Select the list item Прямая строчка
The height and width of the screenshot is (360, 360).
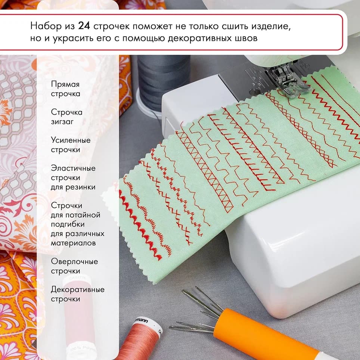(x=65, y=89)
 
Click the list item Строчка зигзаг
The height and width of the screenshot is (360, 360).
(x=66, y=117)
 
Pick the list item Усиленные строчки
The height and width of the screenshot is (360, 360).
(x=71, y=145)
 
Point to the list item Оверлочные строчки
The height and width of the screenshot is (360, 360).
(x=74, y=266)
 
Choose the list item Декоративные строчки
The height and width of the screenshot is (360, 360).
(x=78, y=294)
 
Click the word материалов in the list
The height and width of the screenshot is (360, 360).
(x=73, y=243)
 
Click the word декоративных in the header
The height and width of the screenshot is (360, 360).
(x=196, y=38)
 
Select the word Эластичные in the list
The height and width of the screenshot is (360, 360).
(x=73, y=168)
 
